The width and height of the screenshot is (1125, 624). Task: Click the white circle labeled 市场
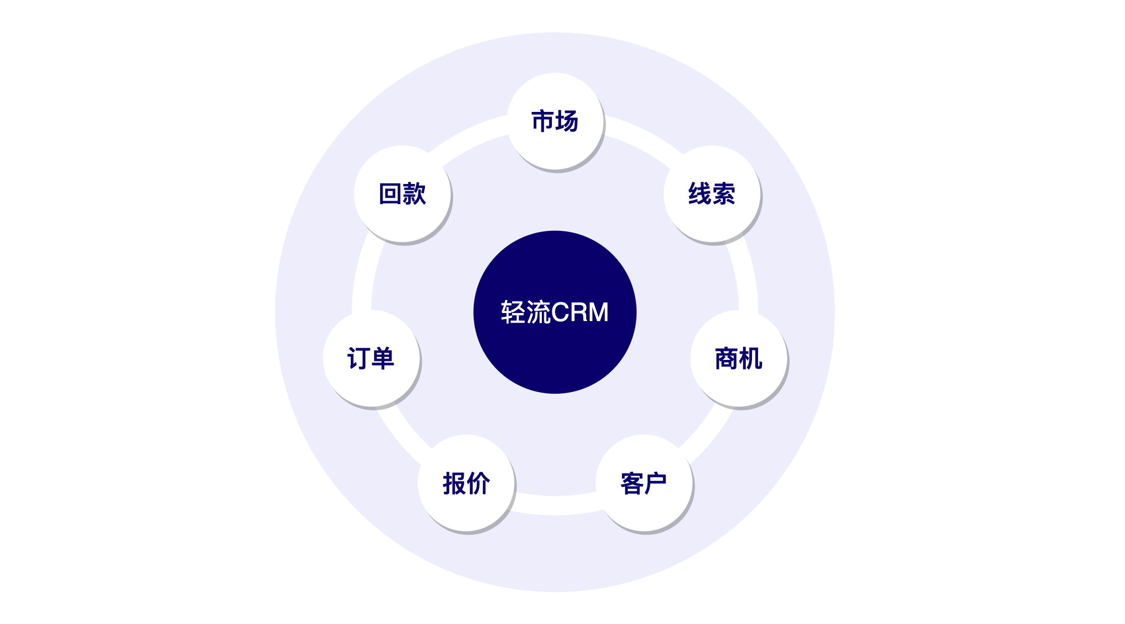click(x=555, y=121)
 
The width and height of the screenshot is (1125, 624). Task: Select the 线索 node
click(x=712, y=194)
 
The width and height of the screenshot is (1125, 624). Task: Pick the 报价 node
click(x=466, y=483)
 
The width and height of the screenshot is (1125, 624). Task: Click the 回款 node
click(x=402, y=194)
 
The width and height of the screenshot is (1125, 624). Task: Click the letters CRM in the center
click(x=580, y=312)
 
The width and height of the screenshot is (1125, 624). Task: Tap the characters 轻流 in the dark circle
click(x=526, y=312)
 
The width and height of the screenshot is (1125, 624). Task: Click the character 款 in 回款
click(x=414, y=194)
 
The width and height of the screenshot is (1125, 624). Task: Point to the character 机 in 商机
click(x=751, y=358)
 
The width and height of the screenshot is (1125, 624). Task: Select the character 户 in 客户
click(x=656, y=483)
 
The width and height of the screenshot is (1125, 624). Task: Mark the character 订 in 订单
click(x=358, y=358)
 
